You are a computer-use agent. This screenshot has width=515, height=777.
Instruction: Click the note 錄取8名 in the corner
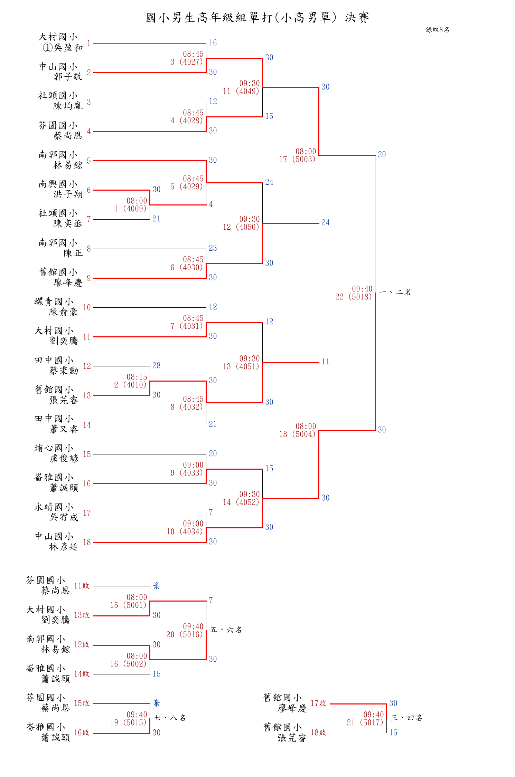coord(437,30)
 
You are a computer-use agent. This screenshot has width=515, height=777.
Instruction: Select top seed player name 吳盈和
coord(68,48)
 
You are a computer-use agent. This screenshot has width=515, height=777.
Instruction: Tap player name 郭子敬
coord(68,76)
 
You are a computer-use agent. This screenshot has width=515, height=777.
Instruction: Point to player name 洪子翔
coord(68,194)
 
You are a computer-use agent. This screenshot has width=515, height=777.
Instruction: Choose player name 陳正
coord(73,253)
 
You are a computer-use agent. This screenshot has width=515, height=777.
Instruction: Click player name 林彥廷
coord(64,547)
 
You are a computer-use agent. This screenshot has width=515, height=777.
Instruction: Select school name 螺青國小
coord(54,301)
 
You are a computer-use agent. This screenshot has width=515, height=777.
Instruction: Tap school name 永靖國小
coord(54,507)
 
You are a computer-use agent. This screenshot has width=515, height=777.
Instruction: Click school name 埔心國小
coord(54,448)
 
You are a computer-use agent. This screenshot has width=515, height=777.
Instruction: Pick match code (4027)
coord(191,62)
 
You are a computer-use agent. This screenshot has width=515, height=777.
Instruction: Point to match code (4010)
coord(135,385)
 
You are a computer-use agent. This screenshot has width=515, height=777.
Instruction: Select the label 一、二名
coord(395,292)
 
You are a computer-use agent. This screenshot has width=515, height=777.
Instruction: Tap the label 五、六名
coord(226,630)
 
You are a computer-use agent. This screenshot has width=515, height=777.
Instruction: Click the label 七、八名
coord(170,718)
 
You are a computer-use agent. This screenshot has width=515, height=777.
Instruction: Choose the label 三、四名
coord(406,718)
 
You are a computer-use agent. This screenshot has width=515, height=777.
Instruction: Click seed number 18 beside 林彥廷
coord(87,542)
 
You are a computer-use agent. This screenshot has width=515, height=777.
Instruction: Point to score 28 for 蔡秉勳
coord(157,366)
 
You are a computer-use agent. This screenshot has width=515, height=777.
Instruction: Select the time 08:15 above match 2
coord(137,377)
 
